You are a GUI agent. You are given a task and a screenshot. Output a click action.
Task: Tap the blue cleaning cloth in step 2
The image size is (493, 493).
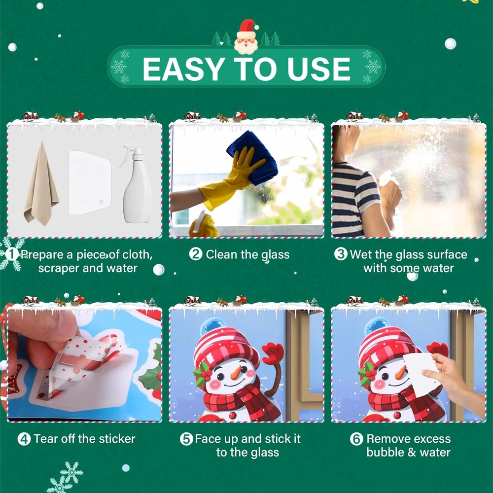pos(253,157)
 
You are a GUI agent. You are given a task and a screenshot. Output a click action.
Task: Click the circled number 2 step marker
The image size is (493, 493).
pos(196,254)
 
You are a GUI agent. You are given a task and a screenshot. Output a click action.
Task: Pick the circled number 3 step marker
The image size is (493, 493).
pos(341,254)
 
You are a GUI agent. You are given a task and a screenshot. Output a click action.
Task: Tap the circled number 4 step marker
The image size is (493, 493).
pos(24,439)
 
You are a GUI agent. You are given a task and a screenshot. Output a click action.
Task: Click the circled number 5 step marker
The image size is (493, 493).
pos(186,439)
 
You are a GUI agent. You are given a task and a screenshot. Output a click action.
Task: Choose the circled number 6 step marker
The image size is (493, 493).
pos(356,439)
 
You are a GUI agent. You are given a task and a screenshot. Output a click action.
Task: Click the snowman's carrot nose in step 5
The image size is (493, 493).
pos(236,372)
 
